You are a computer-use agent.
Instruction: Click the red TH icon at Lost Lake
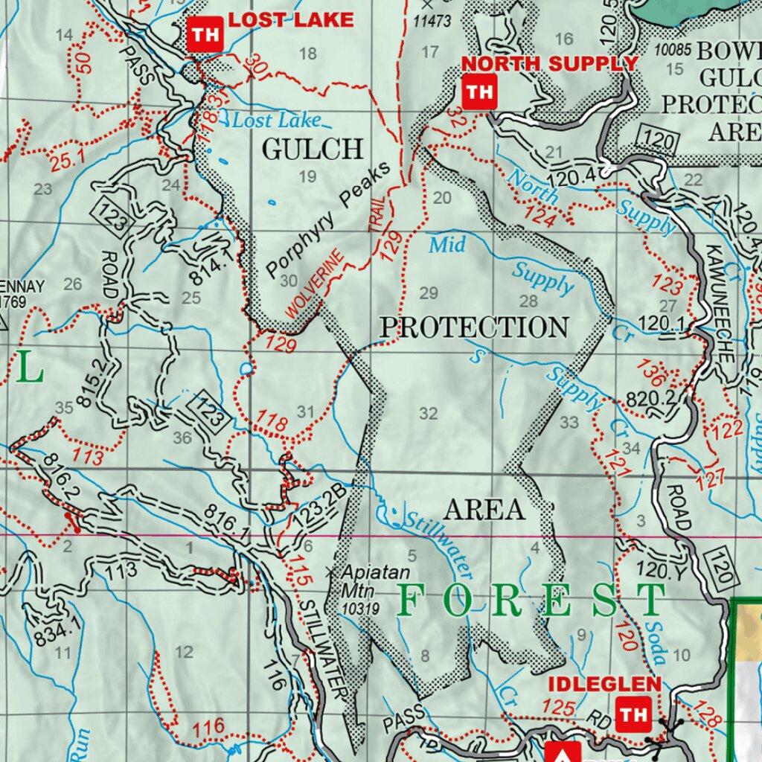205,35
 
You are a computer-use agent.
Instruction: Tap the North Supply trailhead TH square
479,92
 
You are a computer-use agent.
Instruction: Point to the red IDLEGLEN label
604,684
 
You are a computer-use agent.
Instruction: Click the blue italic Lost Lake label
276,121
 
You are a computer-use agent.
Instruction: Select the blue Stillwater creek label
438,542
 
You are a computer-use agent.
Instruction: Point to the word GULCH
313,150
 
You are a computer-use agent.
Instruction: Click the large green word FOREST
531,601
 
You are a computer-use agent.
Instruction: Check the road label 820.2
650,398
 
